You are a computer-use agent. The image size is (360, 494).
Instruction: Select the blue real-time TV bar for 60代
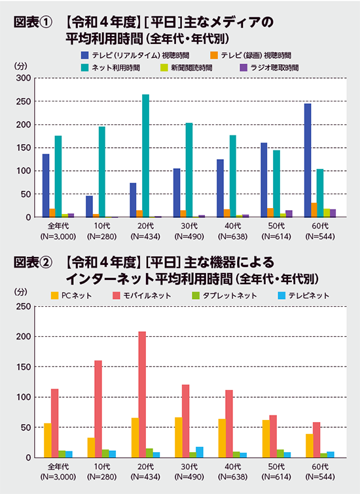pos(307,160)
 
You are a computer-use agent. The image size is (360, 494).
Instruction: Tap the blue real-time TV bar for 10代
pos(89,206)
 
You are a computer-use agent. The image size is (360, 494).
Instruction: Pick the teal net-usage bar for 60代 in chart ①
pos(319,193)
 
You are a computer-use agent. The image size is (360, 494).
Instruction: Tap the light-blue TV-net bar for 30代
pos(200,452)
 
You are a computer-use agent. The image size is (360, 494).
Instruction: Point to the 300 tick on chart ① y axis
pos(23,78)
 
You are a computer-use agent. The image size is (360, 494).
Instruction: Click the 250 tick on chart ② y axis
pos(23,306)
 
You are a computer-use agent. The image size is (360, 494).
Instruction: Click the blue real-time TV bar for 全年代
pos(46,186)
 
